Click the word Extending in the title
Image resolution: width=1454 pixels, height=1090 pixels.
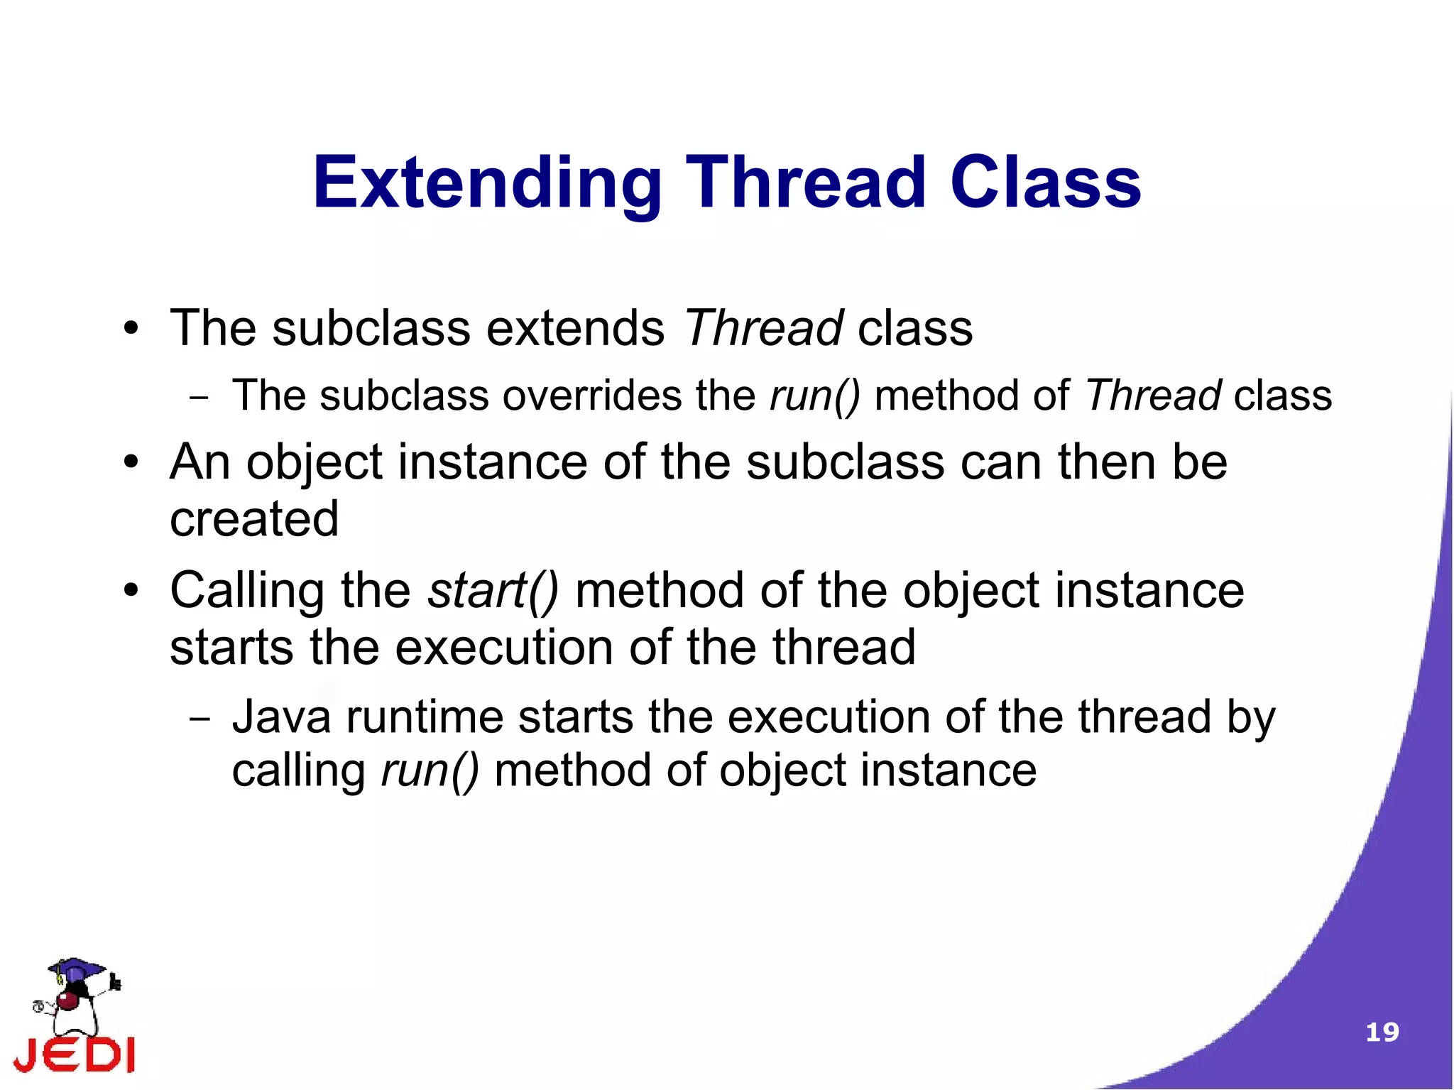[x=487, y=183]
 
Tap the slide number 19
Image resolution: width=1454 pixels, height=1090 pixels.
[x=1382, y=1032]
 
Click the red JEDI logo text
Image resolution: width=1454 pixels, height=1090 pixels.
[x=75, y=1055]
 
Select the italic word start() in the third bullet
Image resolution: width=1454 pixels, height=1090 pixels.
[x=493, y=591]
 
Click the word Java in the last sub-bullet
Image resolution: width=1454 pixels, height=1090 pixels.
[x=281, y=716]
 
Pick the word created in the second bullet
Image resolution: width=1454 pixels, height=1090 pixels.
[x=254, y=518]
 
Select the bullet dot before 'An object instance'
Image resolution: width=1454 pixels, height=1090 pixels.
[x=131, y=463]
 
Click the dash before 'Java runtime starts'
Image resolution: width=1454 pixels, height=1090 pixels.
[x=199, y=719]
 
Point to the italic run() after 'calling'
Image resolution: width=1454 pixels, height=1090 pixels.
[x=430, y=771]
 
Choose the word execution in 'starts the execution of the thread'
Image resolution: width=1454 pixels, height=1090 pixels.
[x=503, y=648]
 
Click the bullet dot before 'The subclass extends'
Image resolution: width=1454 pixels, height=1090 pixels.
[x=131, y=329]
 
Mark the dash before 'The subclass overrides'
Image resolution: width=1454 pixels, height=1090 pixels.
[x=199, y=398]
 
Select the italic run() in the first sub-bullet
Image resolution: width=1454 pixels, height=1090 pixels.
[x=814, y=396]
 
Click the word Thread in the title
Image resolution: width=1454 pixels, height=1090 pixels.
[x=806, y=183]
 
